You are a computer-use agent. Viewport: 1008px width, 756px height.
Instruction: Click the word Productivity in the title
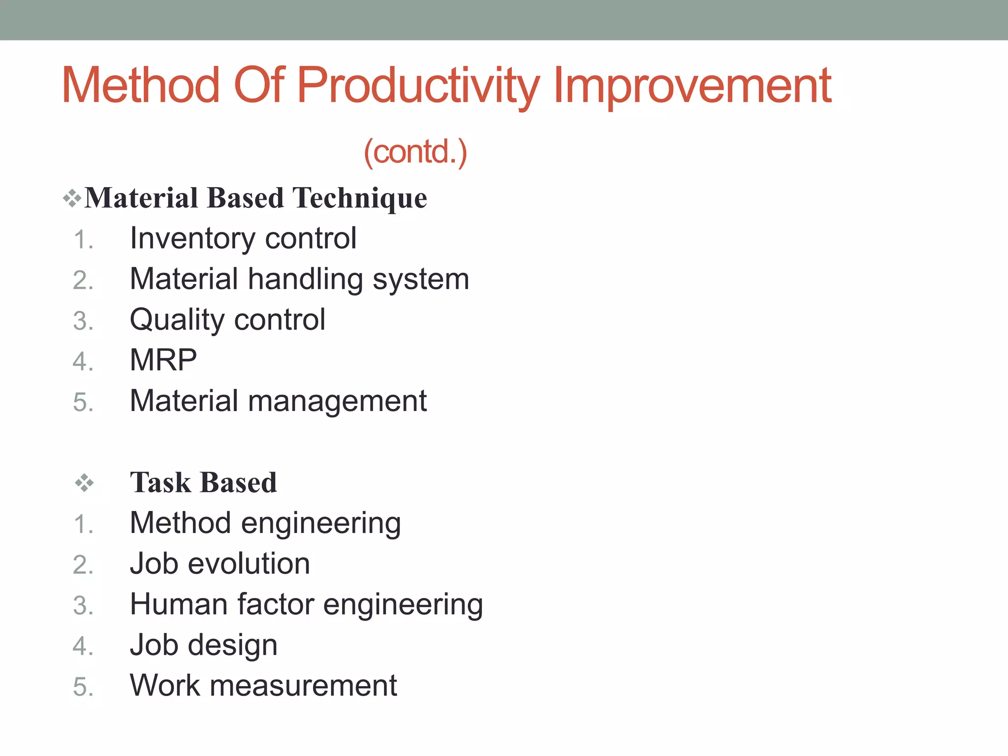click(x=418, y=86)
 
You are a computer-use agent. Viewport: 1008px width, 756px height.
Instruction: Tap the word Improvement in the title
click(x=692, y=86)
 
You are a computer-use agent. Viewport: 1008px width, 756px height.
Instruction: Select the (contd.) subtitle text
click(x=415, y=152)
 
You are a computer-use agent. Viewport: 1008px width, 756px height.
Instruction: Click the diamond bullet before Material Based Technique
click(x=72, y=198)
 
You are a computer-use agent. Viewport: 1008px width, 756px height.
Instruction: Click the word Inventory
click(x=192, y=239)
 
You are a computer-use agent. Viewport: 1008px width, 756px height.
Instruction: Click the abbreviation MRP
click(x=163, y=360)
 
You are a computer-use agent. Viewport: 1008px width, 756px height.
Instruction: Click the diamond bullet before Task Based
click(x=84, y=483)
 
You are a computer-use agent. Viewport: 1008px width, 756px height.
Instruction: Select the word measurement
click(x=303, y=686)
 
